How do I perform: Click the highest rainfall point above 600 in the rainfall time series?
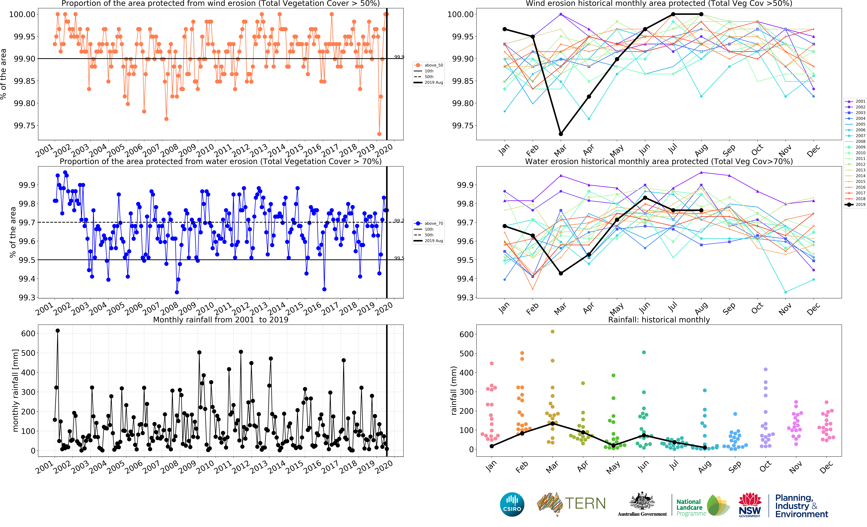[x=58, y=331]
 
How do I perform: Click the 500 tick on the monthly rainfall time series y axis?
[x=28, y=353]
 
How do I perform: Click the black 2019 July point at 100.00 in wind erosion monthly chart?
[x=673, y=14]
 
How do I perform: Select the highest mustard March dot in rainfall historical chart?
[x=552, y=332]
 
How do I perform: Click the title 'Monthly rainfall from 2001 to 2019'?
[x=221, y=320]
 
